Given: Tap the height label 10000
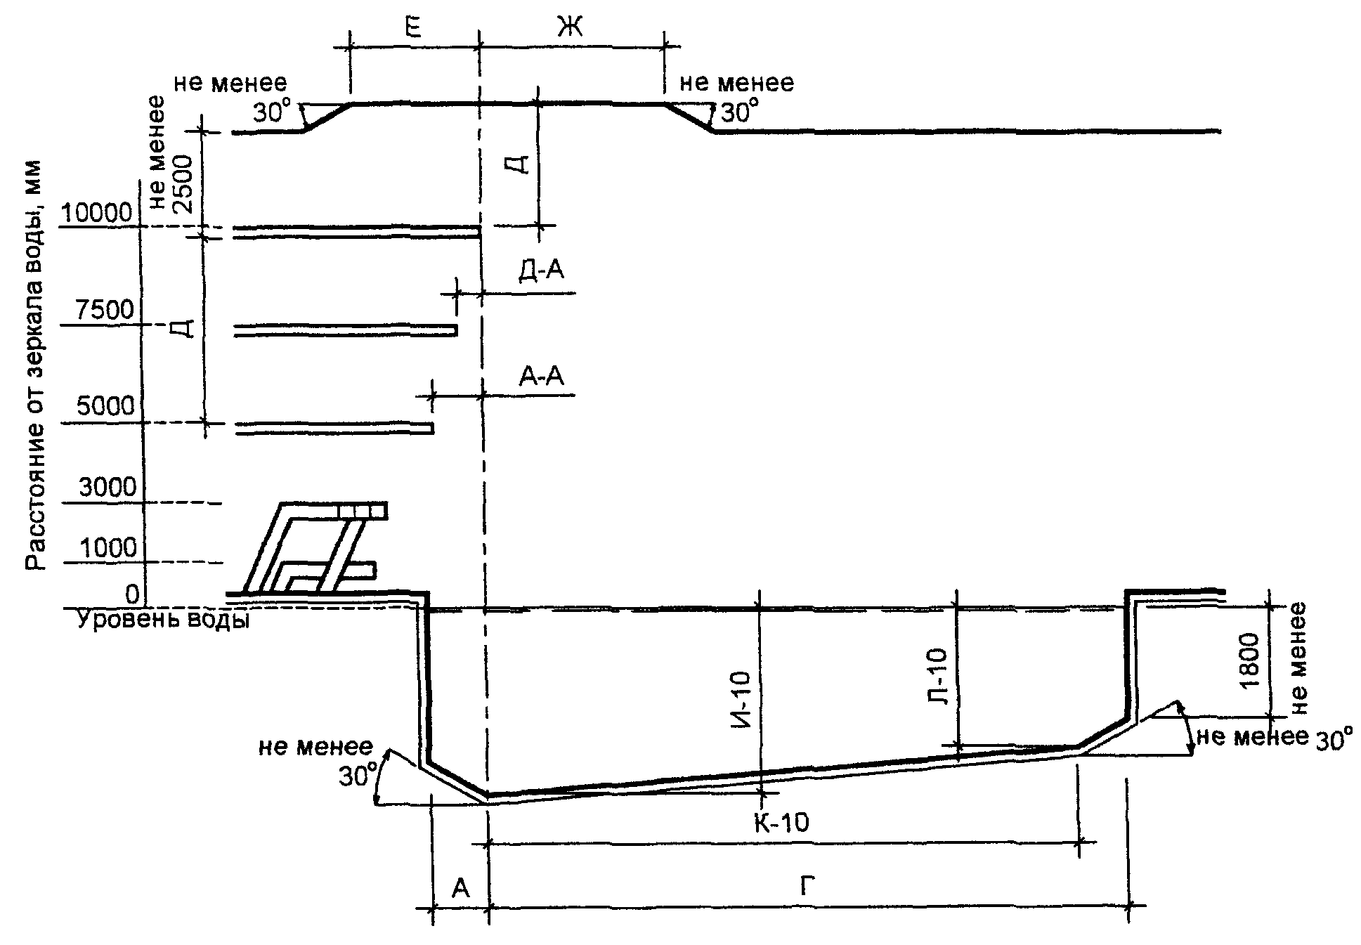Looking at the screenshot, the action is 97,212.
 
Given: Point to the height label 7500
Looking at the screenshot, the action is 106,310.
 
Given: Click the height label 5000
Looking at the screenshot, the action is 105,407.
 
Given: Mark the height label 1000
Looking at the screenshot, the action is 109,547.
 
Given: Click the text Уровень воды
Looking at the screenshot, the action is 163,621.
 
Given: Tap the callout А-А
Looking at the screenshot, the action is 541,377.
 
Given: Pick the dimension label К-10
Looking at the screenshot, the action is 781,821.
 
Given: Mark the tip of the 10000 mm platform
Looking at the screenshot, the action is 480,233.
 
